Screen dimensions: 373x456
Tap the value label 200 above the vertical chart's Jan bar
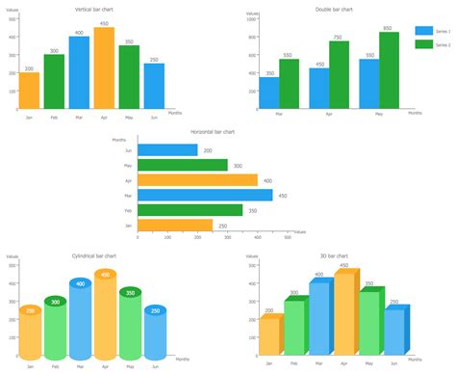29,68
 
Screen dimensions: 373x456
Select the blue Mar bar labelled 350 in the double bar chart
269,92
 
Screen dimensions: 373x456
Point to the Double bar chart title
334,9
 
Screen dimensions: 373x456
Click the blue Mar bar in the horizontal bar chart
205,195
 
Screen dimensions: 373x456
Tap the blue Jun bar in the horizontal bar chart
167,149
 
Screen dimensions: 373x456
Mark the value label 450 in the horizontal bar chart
282,195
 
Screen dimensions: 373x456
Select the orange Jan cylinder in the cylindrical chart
31,333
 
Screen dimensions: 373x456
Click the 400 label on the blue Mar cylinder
80,283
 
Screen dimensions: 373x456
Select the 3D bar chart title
335,256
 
